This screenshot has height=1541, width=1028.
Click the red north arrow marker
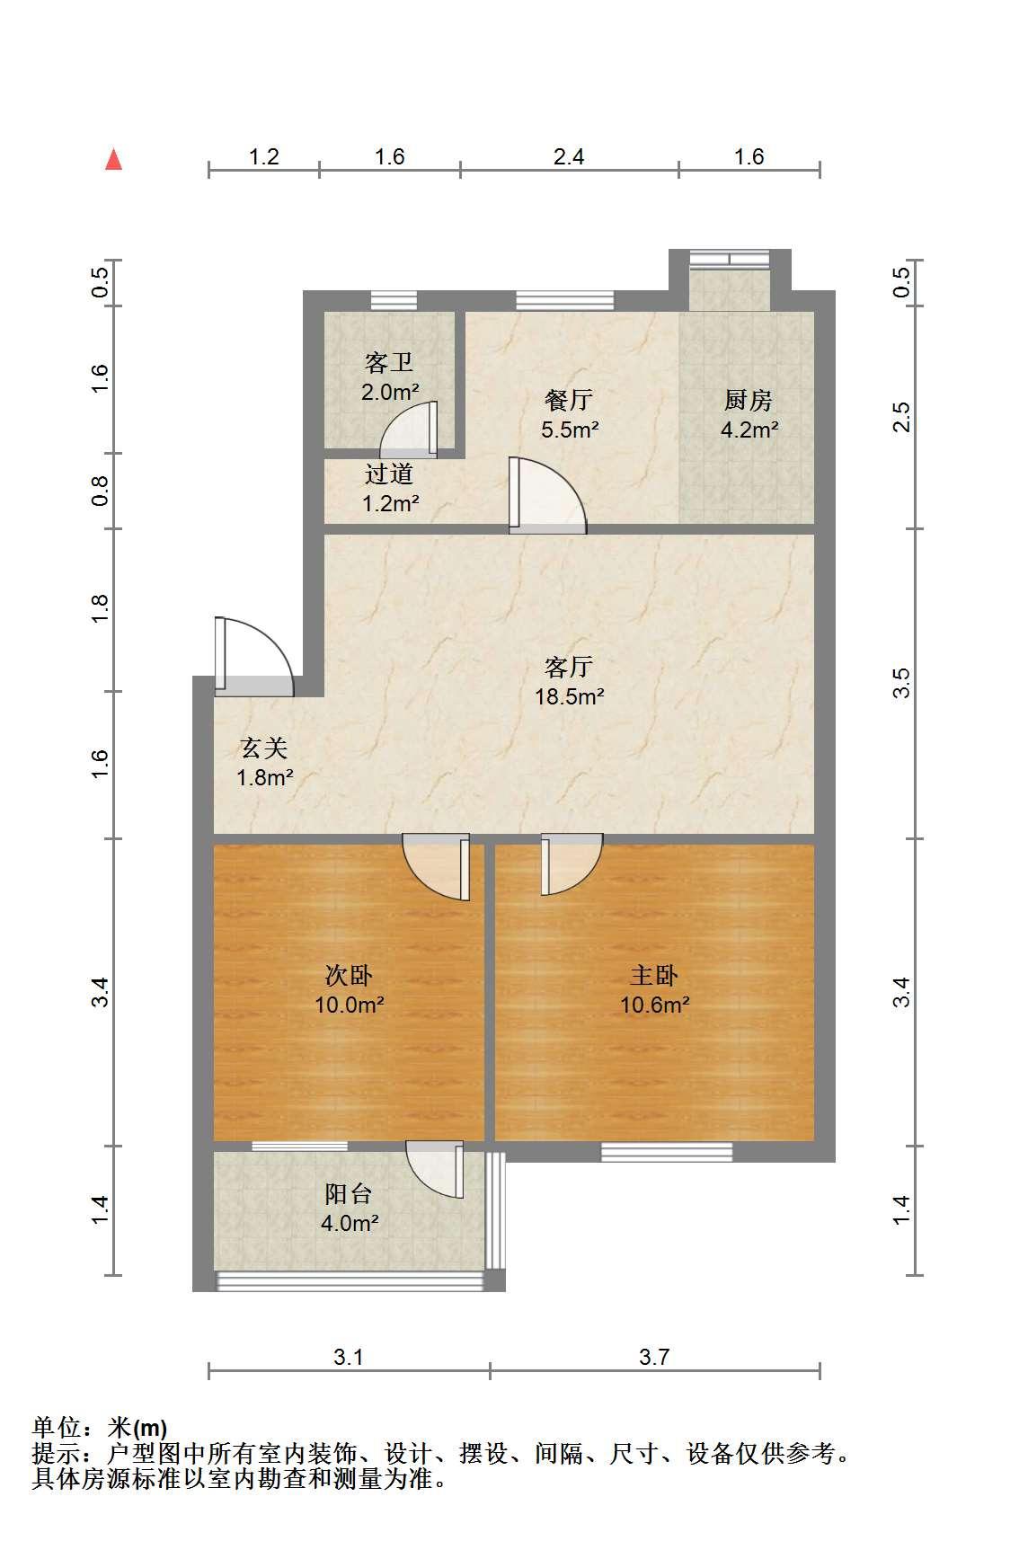113,159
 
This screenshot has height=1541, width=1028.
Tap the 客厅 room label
569,667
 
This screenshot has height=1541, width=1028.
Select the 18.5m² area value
569,696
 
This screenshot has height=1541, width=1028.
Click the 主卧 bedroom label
654,975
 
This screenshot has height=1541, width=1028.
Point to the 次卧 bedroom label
349,975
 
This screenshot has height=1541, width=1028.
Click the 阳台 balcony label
349,1194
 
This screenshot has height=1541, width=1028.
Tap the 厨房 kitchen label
749,400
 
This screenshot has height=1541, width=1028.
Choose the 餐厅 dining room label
569,400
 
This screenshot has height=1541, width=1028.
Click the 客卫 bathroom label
389,362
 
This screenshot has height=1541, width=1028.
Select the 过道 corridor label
389,474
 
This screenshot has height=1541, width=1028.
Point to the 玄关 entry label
264,747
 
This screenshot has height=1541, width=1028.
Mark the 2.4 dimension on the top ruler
569,157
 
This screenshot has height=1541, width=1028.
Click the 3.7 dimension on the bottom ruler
654,1357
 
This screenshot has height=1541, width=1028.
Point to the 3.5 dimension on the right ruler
902,683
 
